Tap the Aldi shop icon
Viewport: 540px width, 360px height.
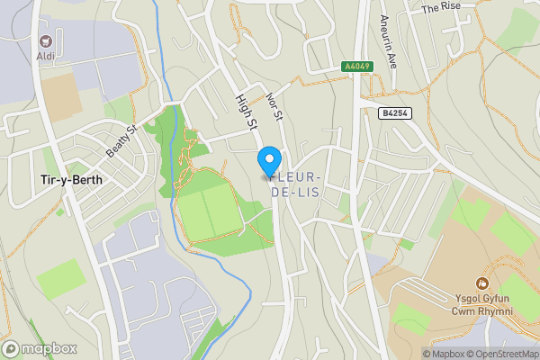click(45, 41)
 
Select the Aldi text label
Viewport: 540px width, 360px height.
click(45, 57)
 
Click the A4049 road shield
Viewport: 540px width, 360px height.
click(356, 67)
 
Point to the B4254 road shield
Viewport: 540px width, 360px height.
click(394, 112)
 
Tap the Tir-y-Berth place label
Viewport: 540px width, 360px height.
click(71, 179)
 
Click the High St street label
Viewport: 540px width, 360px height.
click(246, 112)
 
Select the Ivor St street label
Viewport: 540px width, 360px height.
click(275, 104)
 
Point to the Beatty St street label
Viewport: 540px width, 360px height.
click(121, 140)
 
